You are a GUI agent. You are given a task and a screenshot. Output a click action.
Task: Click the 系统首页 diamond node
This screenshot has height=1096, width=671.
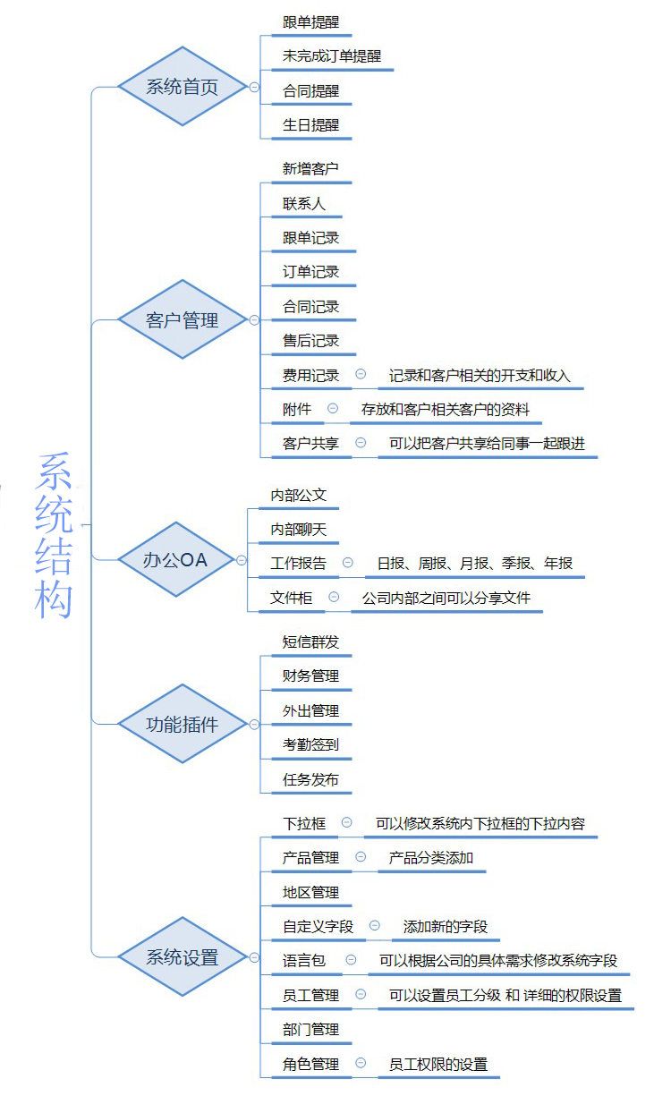pos(183,87)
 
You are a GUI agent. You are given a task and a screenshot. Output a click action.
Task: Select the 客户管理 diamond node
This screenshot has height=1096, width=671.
pos(183,319)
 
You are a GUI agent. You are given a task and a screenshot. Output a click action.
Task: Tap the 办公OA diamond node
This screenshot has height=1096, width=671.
pos(176,560)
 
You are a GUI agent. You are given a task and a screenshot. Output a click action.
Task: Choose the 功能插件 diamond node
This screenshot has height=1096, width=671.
pos(183,724)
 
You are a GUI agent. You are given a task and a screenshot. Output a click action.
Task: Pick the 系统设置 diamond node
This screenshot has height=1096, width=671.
pos(183,956)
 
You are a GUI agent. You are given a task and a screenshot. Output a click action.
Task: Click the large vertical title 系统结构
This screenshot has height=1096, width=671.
pos(54,535)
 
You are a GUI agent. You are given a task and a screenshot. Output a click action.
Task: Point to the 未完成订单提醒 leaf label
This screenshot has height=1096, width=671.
pos(332,56)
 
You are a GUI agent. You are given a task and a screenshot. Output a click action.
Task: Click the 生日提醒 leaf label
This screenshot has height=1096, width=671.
pos(310,125)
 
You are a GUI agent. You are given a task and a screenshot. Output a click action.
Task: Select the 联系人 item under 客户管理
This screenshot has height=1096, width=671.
pos(304,204)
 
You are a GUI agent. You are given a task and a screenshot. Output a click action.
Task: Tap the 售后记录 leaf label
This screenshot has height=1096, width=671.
pos(310,341)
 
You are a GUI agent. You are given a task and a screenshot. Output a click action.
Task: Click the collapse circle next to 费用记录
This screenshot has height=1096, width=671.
pos(361,374)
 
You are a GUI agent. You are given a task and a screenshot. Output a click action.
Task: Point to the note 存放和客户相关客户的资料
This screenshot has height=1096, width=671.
pos(446,409)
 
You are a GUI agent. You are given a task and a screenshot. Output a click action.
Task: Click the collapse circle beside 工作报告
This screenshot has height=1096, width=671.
pos(348,562)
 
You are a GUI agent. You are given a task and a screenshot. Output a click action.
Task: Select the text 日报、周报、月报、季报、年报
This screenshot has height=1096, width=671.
pos(475,563)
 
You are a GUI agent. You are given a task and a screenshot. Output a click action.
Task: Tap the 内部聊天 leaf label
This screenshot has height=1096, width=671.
pos(299,530)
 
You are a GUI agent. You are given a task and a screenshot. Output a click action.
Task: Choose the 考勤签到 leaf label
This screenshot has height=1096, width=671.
pos(310,744)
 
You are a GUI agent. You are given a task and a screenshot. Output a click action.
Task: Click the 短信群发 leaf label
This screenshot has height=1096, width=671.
pos(310,642)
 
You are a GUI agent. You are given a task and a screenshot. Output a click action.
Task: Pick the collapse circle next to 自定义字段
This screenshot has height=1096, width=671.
pos(375,925)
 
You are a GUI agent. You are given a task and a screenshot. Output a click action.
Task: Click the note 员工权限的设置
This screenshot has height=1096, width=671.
pos(438,1064)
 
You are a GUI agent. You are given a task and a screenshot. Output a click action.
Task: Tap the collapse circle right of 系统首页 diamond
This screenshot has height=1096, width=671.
pos(254,87)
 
